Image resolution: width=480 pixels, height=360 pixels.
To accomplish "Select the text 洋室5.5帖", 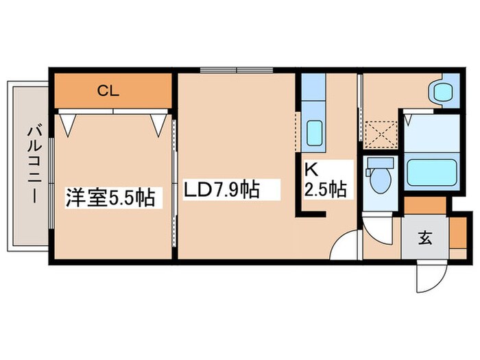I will pyautogui.click(x=110, y=198).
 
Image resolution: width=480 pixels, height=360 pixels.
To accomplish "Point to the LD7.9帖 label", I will pyautogui.click(x=221, y=189).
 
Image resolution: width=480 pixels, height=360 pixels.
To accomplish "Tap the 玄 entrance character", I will pyautogui.click(x=425, y=239).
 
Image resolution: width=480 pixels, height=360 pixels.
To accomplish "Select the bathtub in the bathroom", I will pyautogui.click(x=431, y=172).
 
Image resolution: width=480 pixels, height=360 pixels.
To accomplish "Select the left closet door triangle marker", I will pyautogui.click(x=68, y=123).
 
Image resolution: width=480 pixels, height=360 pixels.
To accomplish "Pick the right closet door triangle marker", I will pyautogui.click(x=159, y=123).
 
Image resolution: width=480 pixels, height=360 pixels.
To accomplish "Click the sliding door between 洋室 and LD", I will pyautogui.click(x=174, y=185).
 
